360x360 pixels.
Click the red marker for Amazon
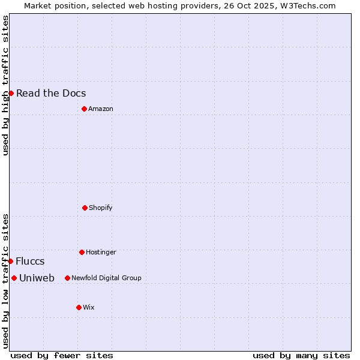pyautogui.click(x=84, y=109)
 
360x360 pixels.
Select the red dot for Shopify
pyautogui.click(x=85, y=208)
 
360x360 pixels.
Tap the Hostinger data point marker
pyautogui.click(x=82, y=252)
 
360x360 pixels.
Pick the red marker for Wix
pyautogui.click(x=79, y=307)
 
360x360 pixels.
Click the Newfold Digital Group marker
pyautogui.click(x=67, y=278)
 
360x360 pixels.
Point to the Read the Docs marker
pyautogui.click(x=11, y=93)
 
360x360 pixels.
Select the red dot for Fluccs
pyautogui.click(x=10, y=261)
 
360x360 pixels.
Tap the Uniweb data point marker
pyautogui.click(x=14, y=278)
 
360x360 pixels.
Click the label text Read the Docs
pyautogui.click(x=51, y=93)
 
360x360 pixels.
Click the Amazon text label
pyautogui.click(x=101, y=109)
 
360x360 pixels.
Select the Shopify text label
pyautogui.click(x=101, y=208)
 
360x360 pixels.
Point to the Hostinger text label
pyautogui.click(x=101, y=252)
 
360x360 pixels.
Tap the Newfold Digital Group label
pyautogui.click(x=106, y=278)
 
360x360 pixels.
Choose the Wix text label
pyautogui.click(x=89, y=307)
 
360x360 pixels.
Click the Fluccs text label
pyautogui.click(x=30, y=261)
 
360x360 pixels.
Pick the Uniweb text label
pyautogui.click(x=37, y=278)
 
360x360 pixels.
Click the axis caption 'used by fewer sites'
pyautogui.click(x=62, y=355)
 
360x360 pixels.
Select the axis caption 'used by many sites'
pyautogui.click(x=301, y=355)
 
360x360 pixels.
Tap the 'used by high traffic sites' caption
pyautogui.click(x=5, y=85)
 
